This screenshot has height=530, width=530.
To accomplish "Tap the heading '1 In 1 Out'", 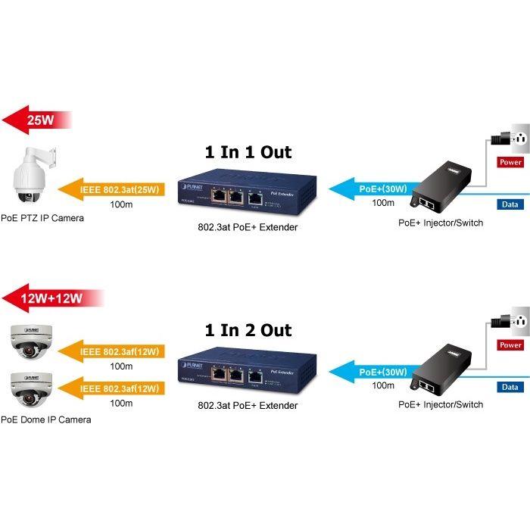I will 248,151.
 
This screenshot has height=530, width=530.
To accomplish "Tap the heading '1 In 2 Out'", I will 248,330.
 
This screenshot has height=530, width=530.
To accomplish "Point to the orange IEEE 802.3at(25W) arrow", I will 113,189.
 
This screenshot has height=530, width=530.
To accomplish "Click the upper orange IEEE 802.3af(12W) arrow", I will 113,351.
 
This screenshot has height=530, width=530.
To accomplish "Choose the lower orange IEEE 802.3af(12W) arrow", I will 113,388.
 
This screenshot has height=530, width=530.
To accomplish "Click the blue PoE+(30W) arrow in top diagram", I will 375,189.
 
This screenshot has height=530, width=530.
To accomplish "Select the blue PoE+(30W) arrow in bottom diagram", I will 375,372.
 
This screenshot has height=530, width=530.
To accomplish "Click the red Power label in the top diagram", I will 510,162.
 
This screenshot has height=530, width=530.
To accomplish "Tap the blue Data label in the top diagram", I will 510,204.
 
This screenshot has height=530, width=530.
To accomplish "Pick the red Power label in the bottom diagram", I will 510,345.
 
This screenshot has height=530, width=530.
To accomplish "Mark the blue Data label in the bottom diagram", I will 510,387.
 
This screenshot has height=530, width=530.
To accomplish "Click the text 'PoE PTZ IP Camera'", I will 42,218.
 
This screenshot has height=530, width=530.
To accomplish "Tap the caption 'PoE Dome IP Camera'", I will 45,419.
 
